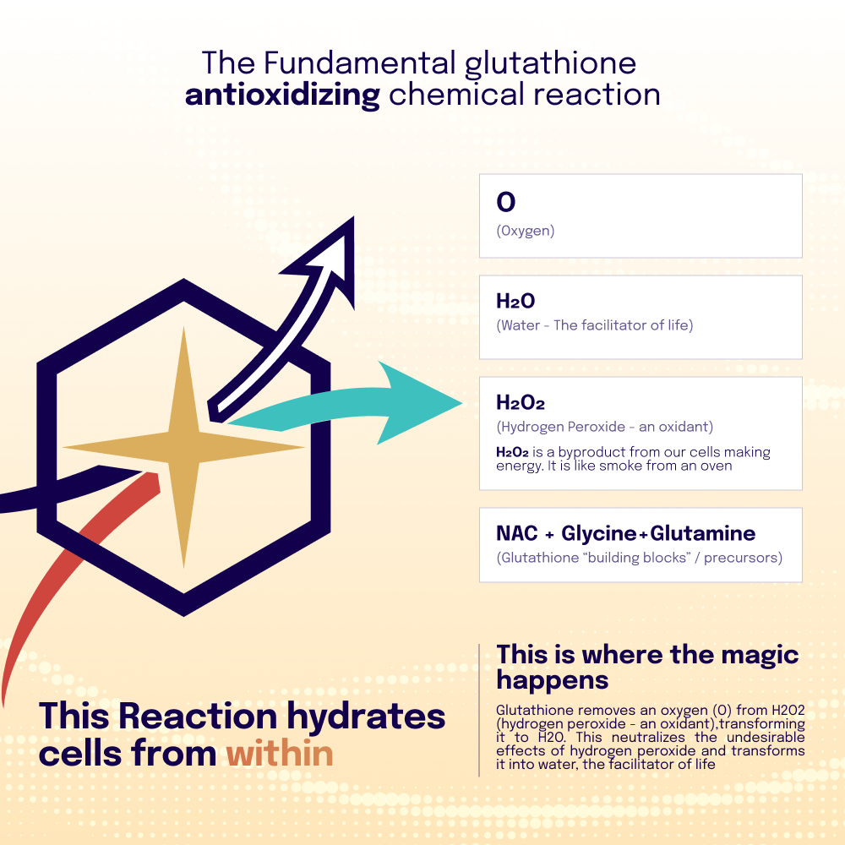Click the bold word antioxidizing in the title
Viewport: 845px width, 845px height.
pos(282,95)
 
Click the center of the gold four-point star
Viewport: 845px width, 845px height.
pos(183,447)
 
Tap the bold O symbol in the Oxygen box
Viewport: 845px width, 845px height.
pos(505,203)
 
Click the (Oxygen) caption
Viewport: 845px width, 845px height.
pos(526,231)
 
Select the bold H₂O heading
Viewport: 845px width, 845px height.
pos(515,302)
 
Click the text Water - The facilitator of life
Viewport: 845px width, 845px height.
pos(595,325)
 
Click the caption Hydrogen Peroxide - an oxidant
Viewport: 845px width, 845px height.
pos(605,427)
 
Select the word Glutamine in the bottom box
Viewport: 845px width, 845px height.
pos(703,533)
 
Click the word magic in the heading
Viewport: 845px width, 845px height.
pos(750,654)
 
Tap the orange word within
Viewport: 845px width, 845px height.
pos(280,753)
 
